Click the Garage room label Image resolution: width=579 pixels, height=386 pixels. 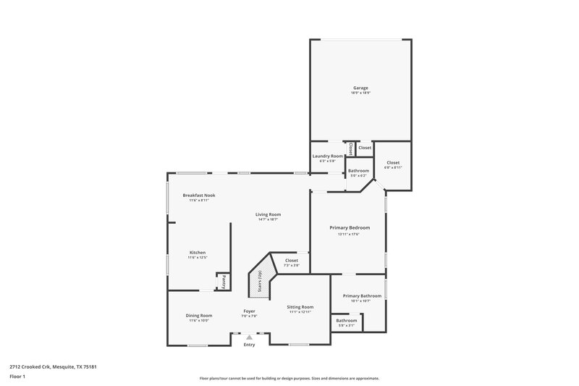pos(360,88)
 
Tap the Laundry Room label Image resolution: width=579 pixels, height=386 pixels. pos(327,156)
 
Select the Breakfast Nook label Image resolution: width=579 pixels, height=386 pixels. pos(198,195)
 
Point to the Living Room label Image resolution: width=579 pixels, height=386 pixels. pos(268,214)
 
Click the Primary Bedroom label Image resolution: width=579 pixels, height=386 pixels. pos(349,227)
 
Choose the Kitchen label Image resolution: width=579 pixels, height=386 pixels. pos(198,252)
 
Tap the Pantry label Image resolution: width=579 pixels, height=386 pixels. pos(224,282)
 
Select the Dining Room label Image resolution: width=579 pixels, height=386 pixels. pos(198,315)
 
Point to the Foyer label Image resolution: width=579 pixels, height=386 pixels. pos(249,311)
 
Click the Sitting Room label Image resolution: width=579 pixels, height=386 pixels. pos(300,306)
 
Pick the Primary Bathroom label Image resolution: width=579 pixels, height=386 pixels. pos(361,295)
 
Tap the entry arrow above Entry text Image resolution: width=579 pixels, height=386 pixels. pos(249,337)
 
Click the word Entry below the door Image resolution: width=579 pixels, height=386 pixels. pos(249,345)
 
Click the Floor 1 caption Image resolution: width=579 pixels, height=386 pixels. pos(17,377)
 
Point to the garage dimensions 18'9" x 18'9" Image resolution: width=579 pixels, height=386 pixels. pos(360,93)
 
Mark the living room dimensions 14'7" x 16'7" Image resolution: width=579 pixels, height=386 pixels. pos(268,220)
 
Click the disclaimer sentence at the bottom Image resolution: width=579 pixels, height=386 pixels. pos(289,378)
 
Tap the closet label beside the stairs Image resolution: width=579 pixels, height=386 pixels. pos(291,260)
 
